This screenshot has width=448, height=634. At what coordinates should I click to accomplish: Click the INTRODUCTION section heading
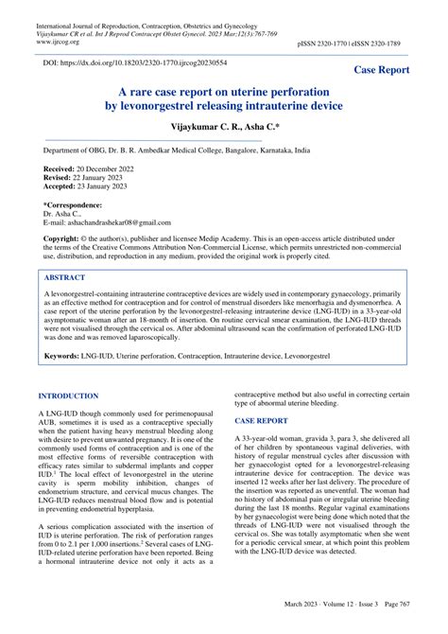pos(67,396)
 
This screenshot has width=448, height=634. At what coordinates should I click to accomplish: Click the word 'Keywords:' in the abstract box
pos(63,356)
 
